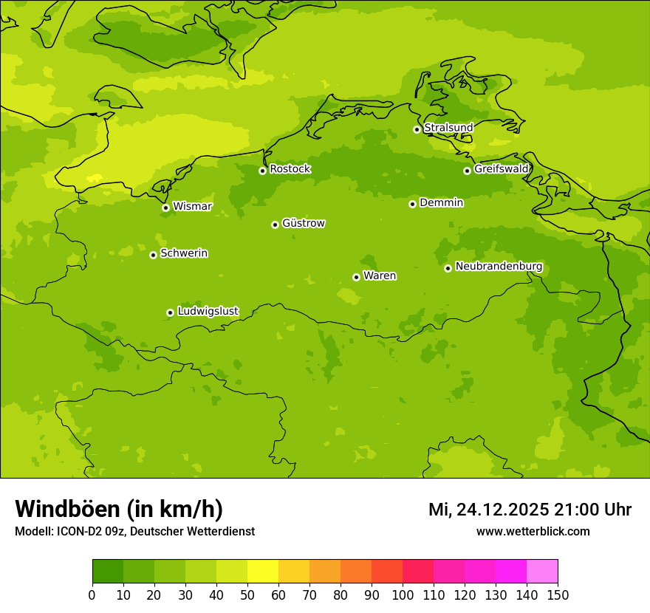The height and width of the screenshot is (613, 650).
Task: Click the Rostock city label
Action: coord(290,169)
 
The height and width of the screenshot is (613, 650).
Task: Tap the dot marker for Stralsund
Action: coord(417,129)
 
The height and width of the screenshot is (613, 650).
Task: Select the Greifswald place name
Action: coord(501,169)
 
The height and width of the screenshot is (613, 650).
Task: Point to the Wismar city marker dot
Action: coord(165,208)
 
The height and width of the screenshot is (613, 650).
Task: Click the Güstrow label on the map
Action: coord(303,223)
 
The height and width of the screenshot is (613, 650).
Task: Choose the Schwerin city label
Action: coord(183,253)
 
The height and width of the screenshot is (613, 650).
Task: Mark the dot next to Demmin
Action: coord(412,204)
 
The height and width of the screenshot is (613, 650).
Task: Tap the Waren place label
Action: coord(379,275)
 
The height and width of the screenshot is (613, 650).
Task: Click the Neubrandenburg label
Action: coord(499,267)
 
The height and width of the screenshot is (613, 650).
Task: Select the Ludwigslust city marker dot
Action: coord(170,312)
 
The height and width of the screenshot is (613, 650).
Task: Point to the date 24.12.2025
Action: coord(502,510)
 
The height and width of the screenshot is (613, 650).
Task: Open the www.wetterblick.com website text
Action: coord(533,531)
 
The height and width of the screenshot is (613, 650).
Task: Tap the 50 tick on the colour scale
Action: coord(247,595)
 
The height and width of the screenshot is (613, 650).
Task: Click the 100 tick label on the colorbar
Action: coord(403,595)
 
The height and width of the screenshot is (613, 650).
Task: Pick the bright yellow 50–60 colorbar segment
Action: coord(263,572)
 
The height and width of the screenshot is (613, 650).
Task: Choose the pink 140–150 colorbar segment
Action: coord(542,572)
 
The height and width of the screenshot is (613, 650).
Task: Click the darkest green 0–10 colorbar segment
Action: coord(108,572)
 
